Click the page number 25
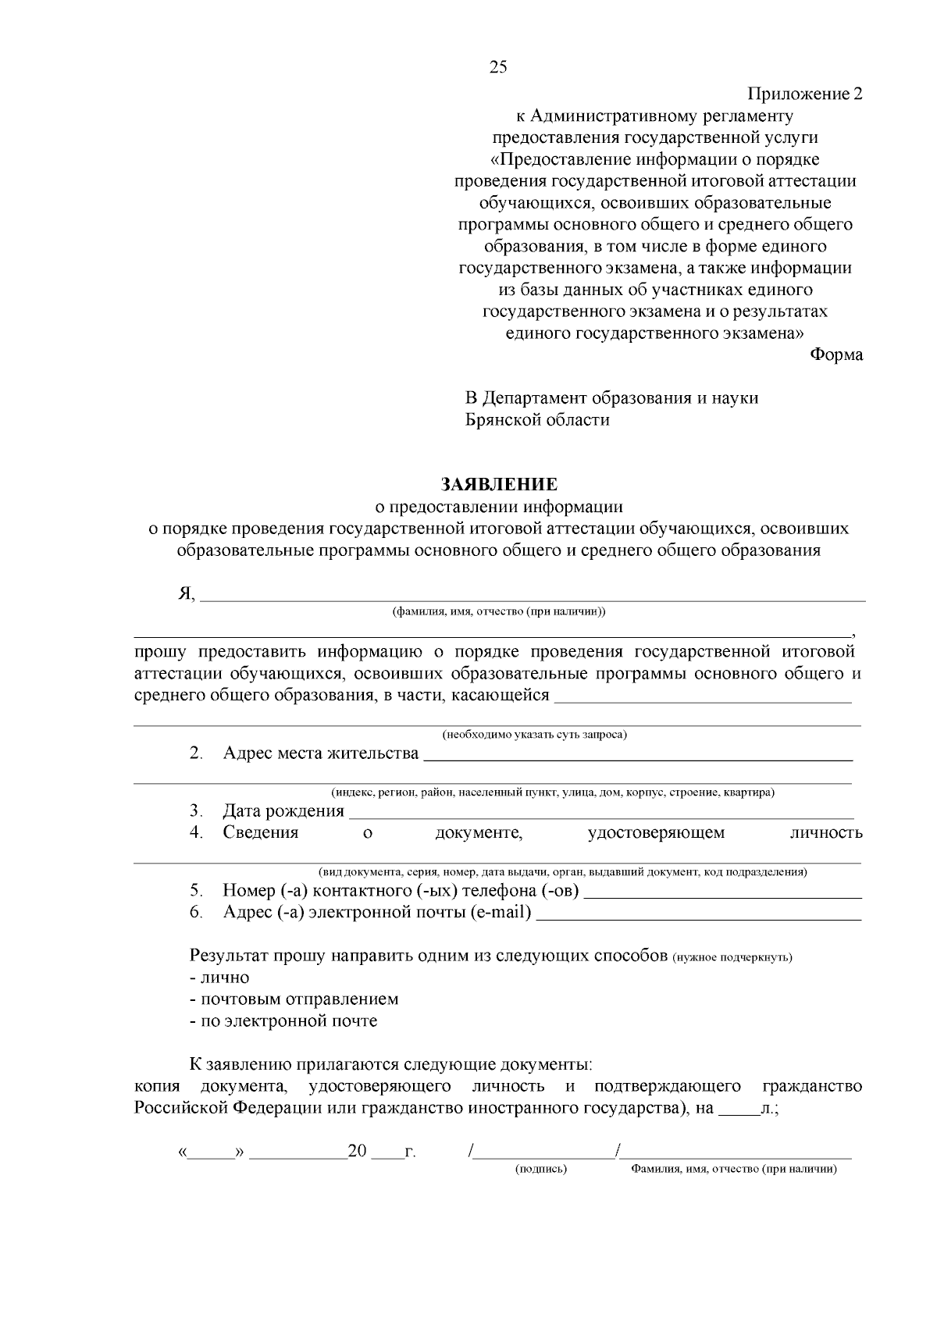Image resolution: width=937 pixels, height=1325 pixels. pos(498,67)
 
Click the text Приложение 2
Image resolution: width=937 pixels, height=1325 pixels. pos(805,94)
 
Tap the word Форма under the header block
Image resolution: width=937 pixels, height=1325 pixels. pos(835,355)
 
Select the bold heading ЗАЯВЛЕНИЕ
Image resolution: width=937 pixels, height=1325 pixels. pos(500,484)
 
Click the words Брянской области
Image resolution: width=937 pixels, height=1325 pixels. pos(537,420)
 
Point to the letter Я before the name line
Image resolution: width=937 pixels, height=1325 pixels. pos(185,593)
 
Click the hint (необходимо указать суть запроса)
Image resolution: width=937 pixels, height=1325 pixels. pos(535,735)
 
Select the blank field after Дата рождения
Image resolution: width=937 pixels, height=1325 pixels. pos(600,815)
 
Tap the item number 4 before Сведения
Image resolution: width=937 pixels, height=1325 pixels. pos(195,832)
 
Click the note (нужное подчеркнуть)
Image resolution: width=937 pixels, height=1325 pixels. pos(732,958)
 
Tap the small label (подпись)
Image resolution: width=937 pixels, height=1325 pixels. pos(541,1170)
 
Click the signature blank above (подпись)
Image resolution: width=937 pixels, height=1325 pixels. pos(544,1154)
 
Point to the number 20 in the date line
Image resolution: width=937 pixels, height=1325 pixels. pos(357,1152)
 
